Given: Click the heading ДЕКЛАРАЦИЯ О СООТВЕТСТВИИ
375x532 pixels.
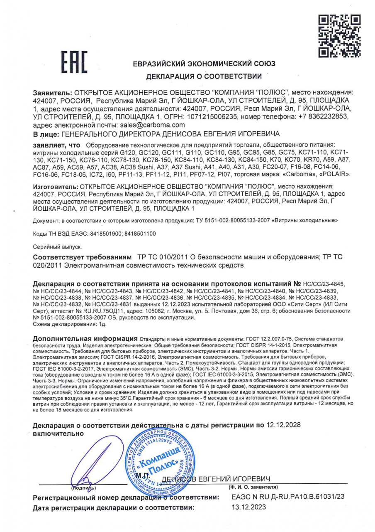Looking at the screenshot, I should [x=204, y=76].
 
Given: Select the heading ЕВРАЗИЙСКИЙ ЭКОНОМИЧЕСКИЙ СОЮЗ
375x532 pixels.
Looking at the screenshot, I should [x=204, y=64].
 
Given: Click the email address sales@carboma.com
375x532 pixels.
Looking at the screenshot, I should [x=152, y=125].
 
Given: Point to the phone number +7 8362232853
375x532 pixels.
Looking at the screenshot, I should [x=322, y=117].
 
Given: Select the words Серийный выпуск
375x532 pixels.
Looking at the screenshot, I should [x=51, y=247].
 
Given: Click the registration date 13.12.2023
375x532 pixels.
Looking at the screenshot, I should [x=248, y=507].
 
